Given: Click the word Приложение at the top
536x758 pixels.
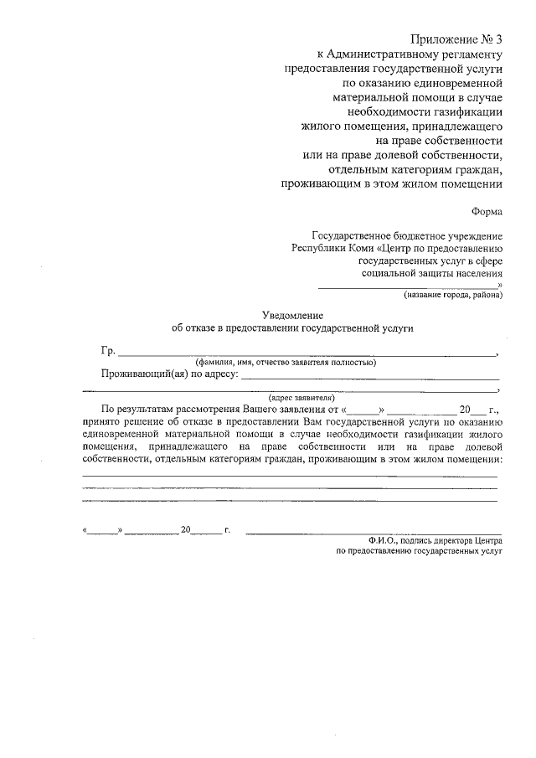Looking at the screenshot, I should [x=444, y=40].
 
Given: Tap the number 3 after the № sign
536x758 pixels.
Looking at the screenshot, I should [x=497, y=40].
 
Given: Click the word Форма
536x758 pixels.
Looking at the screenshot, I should [x=487, y=213].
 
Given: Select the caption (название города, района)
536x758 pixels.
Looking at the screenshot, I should [x=452, y=296].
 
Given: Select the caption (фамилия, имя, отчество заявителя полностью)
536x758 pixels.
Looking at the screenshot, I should [x=286, y=363].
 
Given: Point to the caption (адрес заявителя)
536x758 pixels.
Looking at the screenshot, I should [x=301, y=398].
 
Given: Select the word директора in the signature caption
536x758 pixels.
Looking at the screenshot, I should [x=446, y=541].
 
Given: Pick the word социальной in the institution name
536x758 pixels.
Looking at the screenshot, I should [x=391, y=272].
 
